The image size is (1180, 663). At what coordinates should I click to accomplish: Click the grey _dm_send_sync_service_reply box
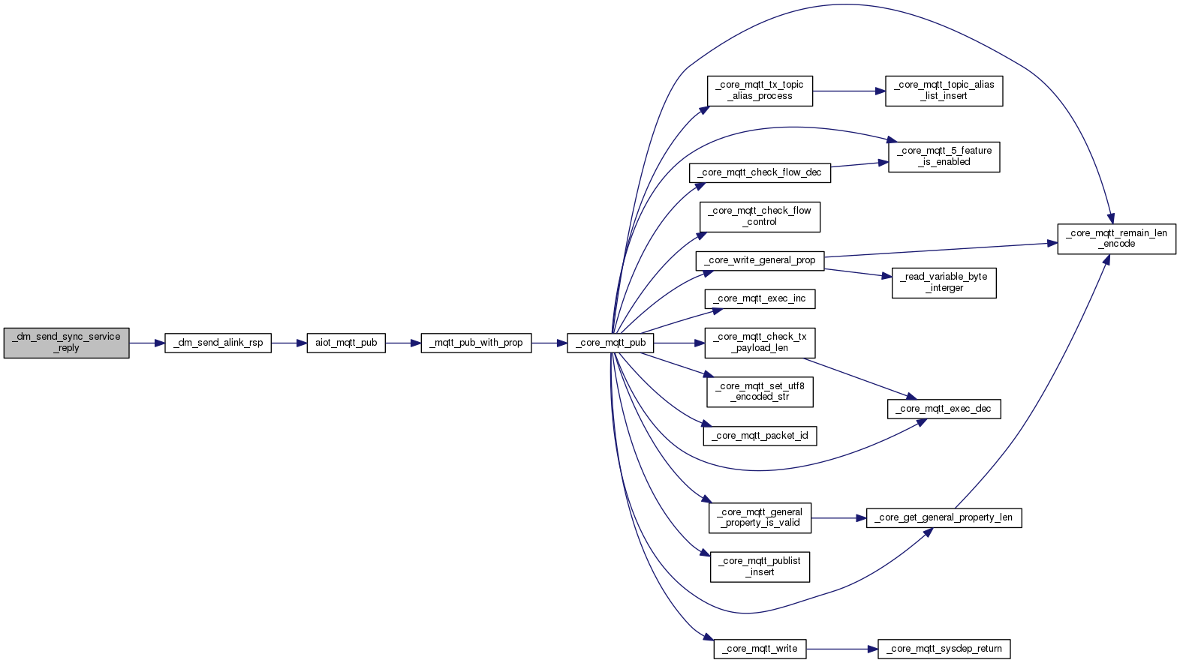[66, 343]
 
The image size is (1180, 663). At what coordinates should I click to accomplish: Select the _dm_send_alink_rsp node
[218, 343]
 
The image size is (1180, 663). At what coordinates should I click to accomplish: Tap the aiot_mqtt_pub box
[346, 343]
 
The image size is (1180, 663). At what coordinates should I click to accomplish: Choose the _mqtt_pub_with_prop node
[476, 343]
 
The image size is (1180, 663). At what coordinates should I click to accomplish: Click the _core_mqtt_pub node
[610, 343]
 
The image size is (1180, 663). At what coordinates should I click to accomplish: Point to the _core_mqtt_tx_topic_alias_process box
[760, 91]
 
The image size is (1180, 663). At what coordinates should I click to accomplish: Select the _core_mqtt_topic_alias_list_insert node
[944, 91]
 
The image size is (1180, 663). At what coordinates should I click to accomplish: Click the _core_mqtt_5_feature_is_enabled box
[944, 157]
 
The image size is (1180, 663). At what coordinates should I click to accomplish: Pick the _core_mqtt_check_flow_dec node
[760, 172]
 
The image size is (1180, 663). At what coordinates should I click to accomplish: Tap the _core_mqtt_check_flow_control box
[760, 217]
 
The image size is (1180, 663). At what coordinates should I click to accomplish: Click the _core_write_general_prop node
[760, 261]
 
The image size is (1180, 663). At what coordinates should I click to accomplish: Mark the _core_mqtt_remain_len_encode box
[1116, 238]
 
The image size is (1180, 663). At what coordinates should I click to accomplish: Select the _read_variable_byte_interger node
[944, 283]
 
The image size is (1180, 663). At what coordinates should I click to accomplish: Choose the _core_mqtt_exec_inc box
[760, 298]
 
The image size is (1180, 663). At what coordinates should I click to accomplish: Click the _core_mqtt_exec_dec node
[944, 409]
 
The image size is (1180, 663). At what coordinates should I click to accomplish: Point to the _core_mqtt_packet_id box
[760, 436]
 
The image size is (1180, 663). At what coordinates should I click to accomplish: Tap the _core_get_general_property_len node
[944, 517]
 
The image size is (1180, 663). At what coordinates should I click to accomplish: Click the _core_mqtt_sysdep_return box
[944, 649]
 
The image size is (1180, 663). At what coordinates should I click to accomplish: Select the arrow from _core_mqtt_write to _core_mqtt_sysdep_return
[841, 649]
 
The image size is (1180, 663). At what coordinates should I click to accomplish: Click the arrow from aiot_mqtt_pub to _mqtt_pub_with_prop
[402, 343]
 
